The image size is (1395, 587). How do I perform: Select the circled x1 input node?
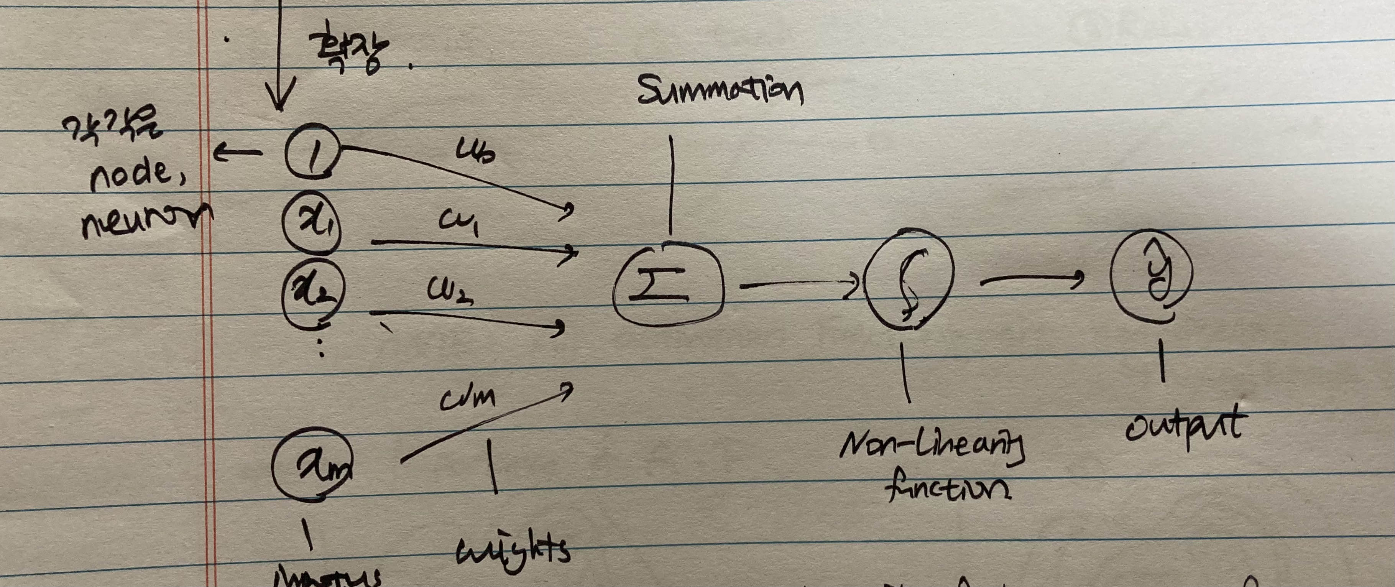(x=311, y=222)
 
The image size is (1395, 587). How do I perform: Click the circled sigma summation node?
(x=668, y=285)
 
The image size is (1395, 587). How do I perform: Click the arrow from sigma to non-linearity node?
(x=799, y=284)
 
